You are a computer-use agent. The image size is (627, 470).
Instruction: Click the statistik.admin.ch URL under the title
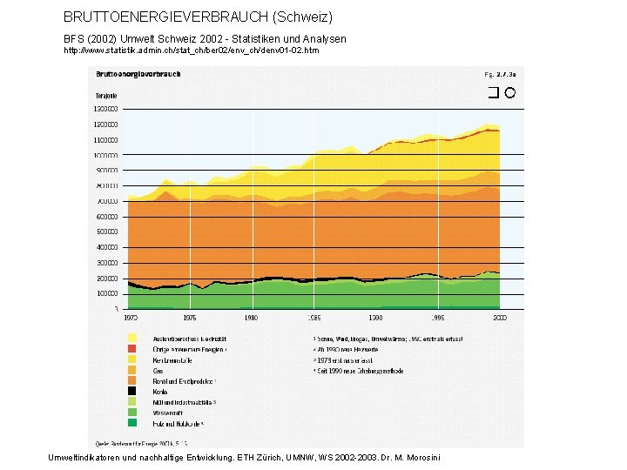click(192, 50)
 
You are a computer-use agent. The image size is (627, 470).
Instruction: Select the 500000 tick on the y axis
click(108, 232)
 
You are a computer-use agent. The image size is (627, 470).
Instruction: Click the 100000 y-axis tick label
click(108, 292)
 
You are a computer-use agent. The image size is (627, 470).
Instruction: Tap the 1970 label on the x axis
click(129, 319)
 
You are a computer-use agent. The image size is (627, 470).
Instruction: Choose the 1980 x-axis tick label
click(253, 319)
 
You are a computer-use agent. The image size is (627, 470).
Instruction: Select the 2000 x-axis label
click(499, 319)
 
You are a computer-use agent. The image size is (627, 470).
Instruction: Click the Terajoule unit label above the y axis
click(105, 95)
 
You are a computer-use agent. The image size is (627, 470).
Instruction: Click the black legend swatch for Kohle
click(132, 392)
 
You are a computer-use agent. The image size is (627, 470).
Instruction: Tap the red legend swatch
click(132, 348)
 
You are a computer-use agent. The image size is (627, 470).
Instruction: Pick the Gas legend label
click(158, 370)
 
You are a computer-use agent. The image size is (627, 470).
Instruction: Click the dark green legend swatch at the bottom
click(132, 424)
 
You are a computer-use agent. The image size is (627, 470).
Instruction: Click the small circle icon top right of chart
click(510, 93)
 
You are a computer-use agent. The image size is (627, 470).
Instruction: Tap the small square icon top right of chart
click(493, 93)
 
